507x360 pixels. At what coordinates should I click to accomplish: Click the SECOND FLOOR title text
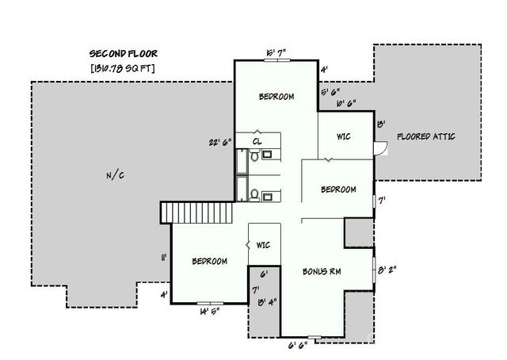pyautogui.click(x=123, y=54)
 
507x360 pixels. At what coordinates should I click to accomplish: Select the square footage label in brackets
pyautogui.click(x=123, y=68)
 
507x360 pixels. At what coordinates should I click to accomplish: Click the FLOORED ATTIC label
pyautogui.click(x=426, y=136)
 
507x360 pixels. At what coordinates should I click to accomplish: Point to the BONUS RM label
pyautogui.click(x=322, y=271)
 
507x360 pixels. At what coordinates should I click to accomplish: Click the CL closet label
pyautogui.click(x=257, y=140)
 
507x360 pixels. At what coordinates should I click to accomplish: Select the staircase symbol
pyautogui.click(x=194, y=213)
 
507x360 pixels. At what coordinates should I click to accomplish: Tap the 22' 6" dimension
pyautogui.click(x=219, y=143)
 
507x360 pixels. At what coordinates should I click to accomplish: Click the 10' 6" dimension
pyautogui.click(x=345, y=103)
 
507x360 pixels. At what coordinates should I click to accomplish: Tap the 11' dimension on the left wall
pyautogui.click(x=164, y=258)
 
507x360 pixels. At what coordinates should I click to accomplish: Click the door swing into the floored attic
pyautogui.click(x=382, y=147)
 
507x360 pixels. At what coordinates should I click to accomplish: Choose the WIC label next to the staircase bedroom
pyautogui.click(x=264, y=245)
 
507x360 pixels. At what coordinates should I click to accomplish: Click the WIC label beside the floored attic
pyautogui.click(x=343, y=136)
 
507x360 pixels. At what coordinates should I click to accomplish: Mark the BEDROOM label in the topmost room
pyautogui.click(x=276, y=97)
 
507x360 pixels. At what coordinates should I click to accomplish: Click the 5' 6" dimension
pyautogui.click(x=330, y=92)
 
